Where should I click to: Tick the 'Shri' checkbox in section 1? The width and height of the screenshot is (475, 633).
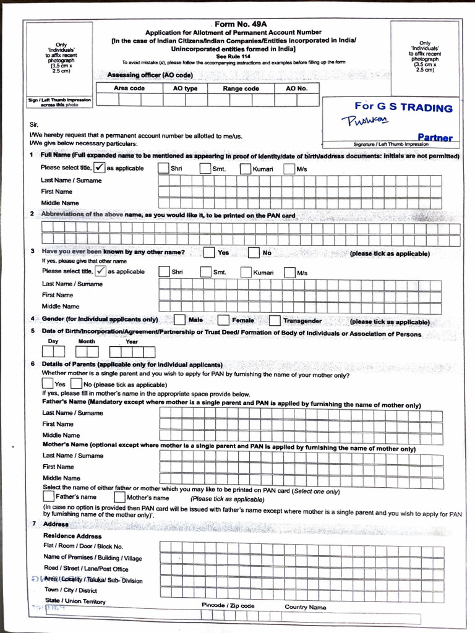(x=163, y=168)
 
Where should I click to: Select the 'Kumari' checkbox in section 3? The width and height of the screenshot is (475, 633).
(x=246, y=272)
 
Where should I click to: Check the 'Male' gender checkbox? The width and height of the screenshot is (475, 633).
(x=179, y=320)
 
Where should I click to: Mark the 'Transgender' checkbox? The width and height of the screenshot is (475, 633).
(x=275, y=320)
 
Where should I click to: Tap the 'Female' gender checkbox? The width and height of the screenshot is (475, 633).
(x=224, y=320)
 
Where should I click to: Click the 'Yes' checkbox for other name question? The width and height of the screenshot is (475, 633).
(x=209, y=252)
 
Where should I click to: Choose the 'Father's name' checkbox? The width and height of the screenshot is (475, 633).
(x=48, y=496)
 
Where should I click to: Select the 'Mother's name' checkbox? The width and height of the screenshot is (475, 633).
(x=119, y=497)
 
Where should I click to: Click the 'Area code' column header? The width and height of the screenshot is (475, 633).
(x=129, y=88)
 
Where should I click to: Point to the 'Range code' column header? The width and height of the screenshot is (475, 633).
(x=241, y=88)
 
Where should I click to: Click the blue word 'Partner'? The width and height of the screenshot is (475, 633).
(x=435, y=137)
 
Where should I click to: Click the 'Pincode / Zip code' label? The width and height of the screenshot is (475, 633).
(x=228, y=606)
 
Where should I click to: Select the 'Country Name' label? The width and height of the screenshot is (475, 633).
(x=305, y=607)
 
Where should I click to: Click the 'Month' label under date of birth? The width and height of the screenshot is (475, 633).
(x=87, y=341)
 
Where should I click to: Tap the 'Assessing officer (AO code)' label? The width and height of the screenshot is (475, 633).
(x=150, y=75)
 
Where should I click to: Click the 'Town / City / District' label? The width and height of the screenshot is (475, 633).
(x=71, y=590)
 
